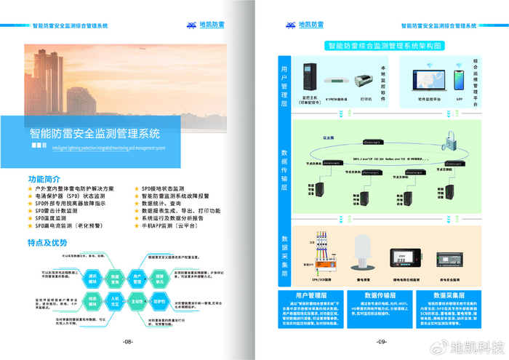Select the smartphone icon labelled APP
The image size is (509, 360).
(x=459, y=78)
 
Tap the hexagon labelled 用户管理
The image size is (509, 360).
(x=137, y=277)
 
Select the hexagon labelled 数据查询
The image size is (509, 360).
(x=115, y=277)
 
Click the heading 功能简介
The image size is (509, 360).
(x=44, y=179)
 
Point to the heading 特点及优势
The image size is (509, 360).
(x=47, y=242)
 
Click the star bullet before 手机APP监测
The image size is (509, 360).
(x=136, y=226)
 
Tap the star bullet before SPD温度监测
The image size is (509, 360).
(x=30, y=218)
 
